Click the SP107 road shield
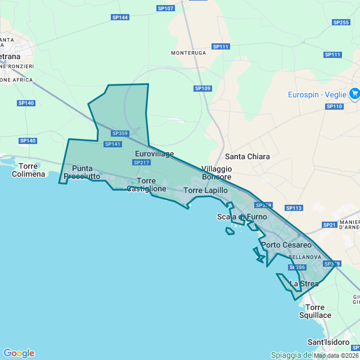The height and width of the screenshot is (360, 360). tap(166, 8)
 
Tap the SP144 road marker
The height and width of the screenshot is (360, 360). tap(120, 17)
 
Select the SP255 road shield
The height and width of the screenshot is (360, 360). tap(341, 22)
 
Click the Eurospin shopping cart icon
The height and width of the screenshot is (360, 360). tap(354, 94)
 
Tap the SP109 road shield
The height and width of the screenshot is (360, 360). tap(202, 88)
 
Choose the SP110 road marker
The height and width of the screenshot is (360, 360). tap(334, 106)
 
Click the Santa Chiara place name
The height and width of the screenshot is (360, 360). tap(247, 156)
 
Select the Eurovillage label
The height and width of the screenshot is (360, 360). tap(155, 154)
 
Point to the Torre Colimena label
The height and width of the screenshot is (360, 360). tap(28, 170)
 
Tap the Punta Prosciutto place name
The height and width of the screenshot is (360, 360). tap(82, 172)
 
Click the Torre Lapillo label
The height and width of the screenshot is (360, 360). tap(205, 191)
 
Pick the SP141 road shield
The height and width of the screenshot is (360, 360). tap(112, 144)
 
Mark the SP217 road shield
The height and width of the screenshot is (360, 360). tap(141, 163)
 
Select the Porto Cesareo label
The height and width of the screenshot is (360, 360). tap(286, 245)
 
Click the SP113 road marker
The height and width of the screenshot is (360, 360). tap(294, 208)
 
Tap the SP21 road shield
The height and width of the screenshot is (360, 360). tap(329, 225)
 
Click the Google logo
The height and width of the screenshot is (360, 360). tap(19, 353)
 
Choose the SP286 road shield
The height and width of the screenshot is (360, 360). tap(297, 267)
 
